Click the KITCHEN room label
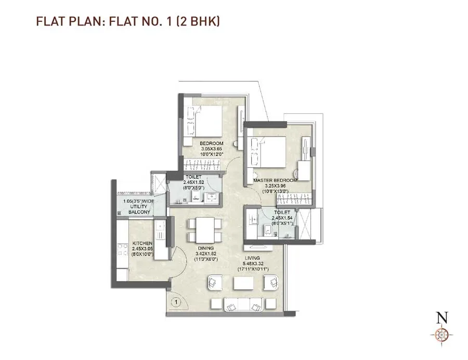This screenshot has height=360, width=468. pyautogui.click(x=128, y=243)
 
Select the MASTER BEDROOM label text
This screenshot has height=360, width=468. pyautogui.click(x=275, y=180)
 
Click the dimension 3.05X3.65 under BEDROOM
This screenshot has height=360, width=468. pyautogui.click(x=211, y=149)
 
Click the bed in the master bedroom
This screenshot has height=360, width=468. pyautogui.click(x=268, y=151)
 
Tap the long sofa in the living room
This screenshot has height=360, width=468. pyautogui.click(x=243, y=305)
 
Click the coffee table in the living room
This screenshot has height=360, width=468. pyautogui.click(x=243, y=283)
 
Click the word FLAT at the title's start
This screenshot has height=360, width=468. pyautogui.click(x=47, y=21)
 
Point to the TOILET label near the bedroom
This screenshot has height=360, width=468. pyautogui.click(x=194, y=177)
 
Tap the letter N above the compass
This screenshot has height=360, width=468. pyautogui.click(x=442, y=316)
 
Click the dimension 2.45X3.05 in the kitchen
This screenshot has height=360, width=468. pyautogui.click(x=128, y=249)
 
